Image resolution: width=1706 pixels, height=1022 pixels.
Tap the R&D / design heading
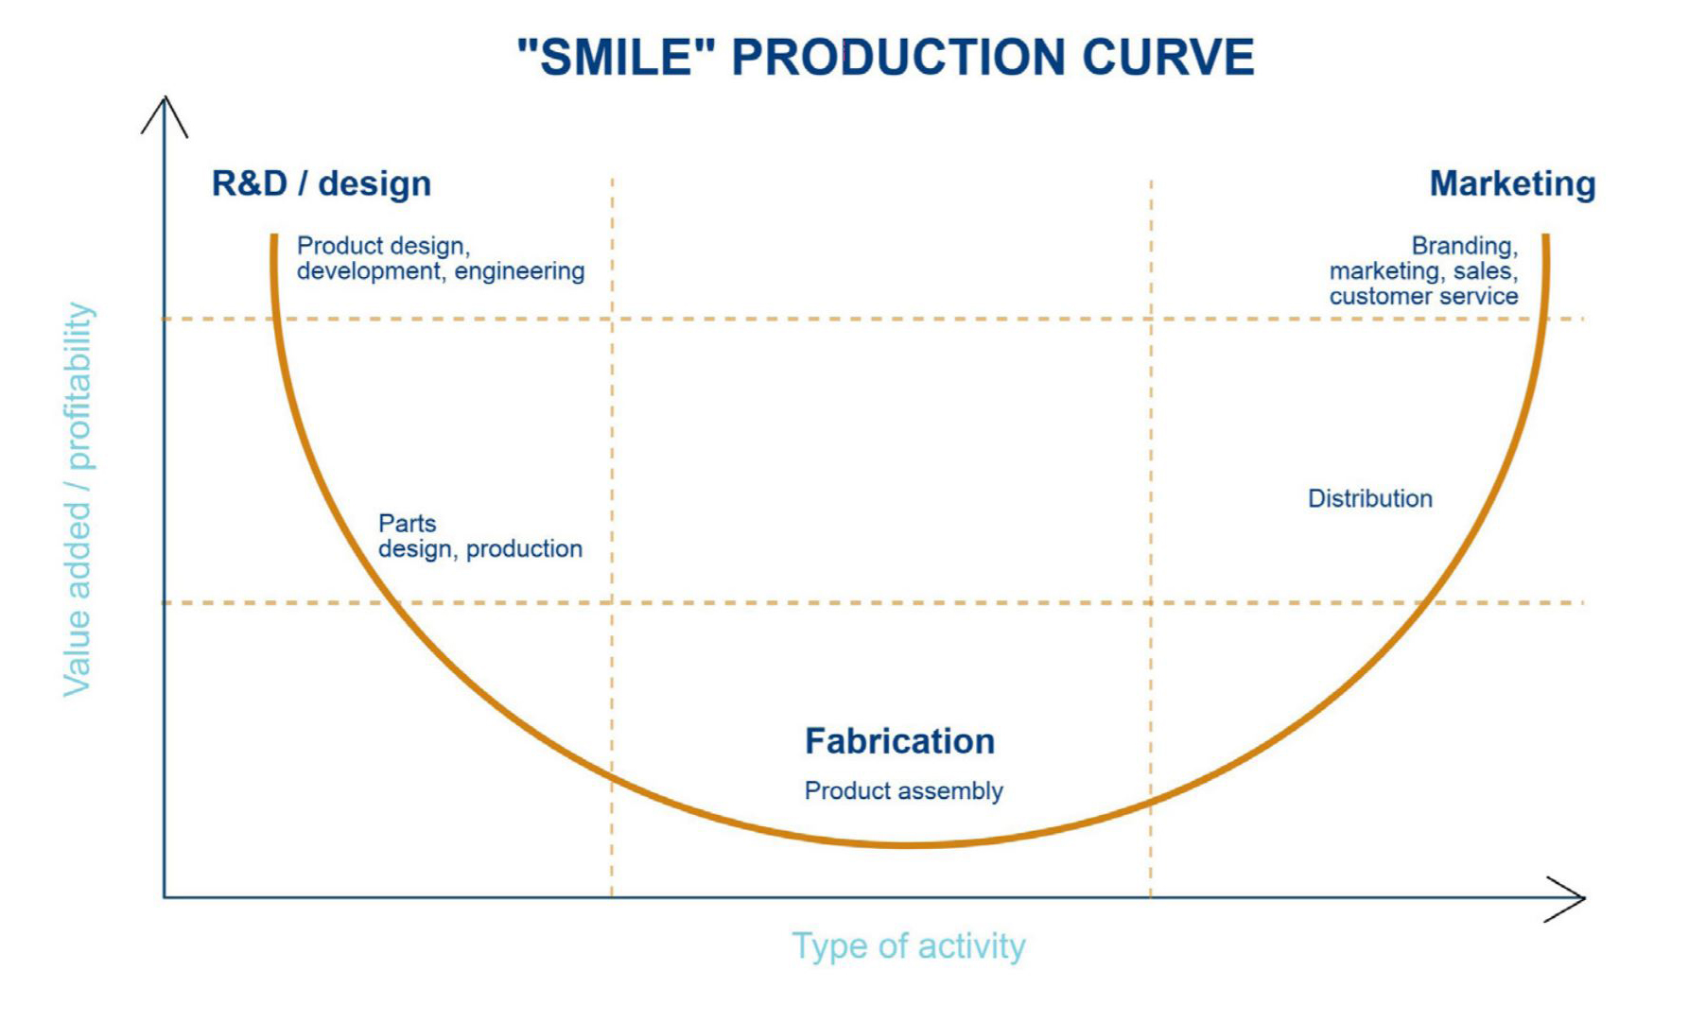[x=322, y=183]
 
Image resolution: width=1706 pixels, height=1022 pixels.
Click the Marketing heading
[x=1512, y=183]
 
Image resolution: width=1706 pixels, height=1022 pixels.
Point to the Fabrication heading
[x=899, y=741]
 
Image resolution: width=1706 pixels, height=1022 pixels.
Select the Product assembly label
[x=903, y=790]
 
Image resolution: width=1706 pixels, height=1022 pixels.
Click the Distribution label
[x=1369, y=498]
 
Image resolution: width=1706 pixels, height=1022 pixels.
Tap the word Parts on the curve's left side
[x=407, y=523]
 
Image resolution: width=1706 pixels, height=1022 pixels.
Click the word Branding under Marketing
[x=1464, y=246]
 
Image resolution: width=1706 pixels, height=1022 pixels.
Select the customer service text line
[x=1423, y=297]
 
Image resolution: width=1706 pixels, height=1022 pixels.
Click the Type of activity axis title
[x=908, y=945]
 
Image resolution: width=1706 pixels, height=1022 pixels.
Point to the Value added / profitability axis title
[x=78, y=499]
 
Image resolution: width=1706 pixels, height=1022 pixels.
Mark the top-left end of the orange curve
[x=274, y=236]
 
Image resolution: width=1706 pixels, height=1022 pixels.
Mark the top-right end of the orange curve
[x=1546, y=236]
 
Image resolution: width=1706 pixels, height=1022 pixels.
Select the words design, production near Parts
[x=480, y=549]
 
